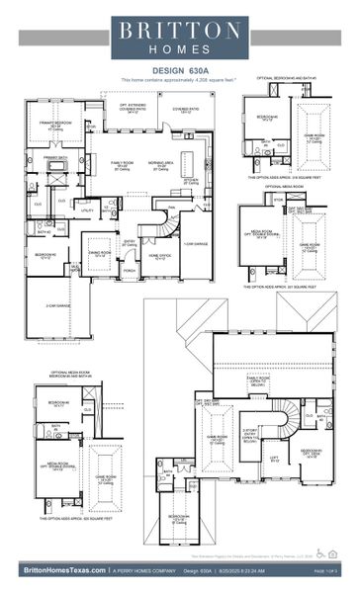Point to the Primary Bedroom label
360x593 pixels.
coord(56,126)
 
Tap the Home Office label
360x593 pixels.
coord(159,255)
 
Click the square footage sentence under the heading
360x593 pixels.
coord(179,78)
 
